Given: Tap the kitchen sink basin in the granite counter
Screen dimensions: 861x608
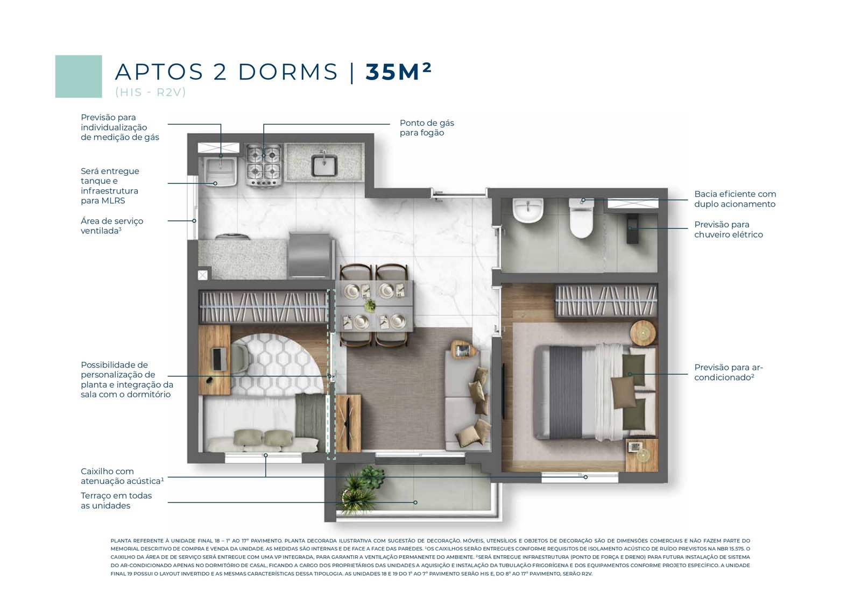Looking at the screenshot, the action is pyautogui.click(x=324, y=165).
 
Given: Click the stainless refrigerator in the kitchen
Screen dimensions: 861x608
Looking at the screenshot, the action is pyautogui.click(x=310, y=255).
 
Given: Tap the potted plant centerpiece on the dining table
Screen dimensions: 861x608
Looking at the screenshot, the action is pyautogui.click(x=370, y=305).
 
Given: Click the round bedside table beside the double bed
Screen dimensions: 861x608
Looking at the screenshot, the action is pyautogui.click(x=643, y=333).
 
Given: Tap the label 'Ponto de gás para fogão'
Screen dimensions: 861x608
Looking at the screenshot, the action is pyautogui.click(x=427, y=128).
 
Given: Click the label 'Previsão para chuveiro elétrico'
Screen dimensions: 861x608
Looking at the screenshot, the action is pyautogui.click(x=729, y=230).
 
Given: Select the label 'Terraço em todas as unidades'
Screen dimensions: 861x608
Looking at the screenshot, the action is pyautogui.click(x=116, y=500).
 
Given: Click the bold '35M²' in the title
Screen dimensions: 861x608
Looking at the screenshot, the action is pyautogui.click(x=398, y=71).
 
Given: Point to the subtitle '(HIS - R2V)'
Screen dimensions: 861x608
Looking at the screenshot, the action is pyautogui.click(x=150, y=92).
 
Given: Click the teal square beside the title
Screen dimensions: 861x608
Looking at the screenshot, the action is pyautogui.click(x=79, y=76).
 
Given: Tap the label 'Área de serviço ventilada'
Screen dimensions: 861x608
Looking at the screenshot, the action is pyautogui.click(x=112, y=226).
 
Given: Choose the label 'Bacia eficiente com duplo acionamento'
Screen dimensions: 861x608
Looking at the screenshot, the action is pyautogui.click(x=735, y=199).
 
